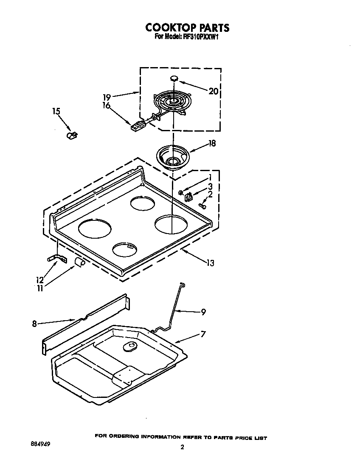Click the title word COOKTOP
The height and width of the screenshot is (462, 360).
tap(169, 28)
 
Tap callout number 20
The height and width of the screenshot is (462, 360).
tap(213, 91)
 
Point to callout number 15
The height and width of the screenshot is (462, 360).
tap(56, 111)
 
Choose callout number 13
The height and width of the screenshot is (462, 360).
tap(210, 263)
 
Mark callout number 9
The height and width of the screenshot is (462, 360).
tap(203, 312)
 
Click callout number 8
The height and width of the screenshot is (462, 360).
tap(34, 324)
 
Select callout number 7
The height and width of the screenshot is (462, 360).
tap(203, 334)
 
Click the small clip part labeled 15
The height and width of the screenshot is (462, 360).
tap(71, 135)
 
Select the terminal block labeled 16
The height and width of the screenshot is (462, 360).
tap(137, 125)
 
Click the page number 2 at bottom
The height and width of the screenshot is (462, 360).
tap(182, 447)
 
